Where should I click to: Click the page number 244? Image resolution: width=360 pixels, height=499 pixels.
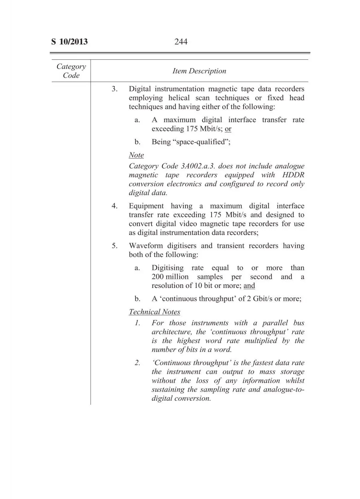point(181,42)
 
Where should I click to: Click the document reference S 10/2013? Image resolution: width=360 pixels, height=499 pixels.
point(69,42)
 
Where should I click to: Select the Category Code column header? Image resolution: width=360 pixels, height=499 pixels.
point(71,71)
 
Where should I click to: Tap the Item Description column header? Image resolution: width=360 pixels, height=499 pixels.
point(199,71)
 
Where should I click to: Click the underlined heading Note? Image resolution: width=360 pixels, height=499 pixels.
point(136,155)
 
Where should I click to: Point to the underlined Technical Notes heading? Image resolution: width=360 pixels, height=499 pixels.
point(154,312)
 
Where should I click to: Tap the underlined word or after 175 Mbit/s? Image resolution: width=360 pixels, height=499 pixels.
point(228,129)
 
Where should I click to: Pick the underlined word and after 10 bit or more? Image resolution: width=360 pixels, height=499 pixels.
point(249,286)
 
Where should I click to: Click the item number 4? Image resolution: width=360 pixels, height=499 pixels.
point(115,206)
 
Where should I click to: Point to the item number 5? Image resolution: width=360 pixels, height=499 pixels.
point(115,246)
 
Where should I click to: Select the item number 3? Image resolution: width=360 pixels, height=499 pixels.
point(115,89)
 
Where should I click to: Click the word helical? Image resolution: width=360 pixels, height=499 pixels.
point(179,98)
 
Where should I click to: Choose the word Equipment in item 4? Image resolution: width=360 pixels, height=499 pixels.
point(146,206)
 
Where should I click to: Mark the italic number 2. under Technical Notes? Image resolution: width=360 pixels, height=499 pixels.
point(137,363)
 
